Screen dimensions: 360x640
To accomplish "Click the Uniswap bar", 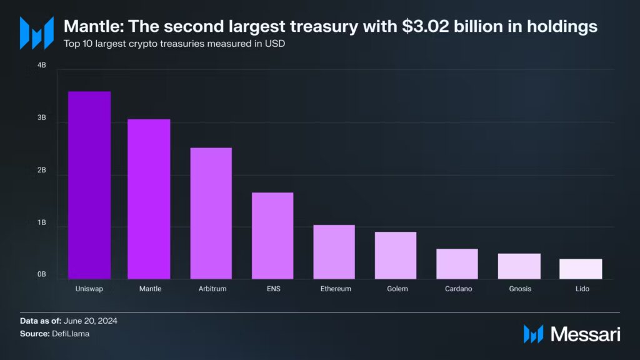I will pyautogui.click(x=89, y=185).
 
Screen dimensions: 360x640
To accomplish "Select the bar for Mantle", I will pyautogui.click(x=149, y=199).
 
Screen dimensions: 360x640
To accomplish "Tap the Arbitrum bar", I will pyautogui.click(x=211, y=213).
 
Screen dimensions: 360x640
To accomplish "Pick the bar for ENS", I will pyautogui.click(x=272, y=236).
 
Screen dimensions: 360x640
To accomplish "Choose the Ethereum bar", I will pyautogui.click(x=334, y=252).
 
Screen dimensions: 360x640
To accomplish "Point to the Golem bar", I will pyautogui.click(x=396, y=255).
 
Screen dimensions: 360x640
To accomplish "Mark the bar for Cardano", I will pyautogui.click(x=457, y=264).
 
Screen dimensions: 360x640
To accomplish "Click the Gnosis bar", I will pyautogui.click(x=519, y=266).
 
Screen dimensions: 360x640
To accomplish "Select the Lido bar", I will pyautogui.click(x=581, y=269).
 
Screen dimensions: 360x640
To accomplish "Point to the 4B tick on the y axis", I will pyautogui.click(x=41, y=65).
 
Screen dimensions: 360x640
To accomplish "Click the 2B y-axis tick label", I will pyautogui.click(x=41, y=171).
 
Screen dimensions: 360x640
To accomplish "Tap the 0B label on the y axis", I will pyautogui.click(x=41, y=274).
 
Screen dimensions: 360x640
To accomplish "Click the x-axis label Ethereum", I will pyautogui.click(x=336, y=289).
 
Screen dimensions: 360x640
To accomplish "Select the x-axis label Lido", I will pyautogui.click(x=581, y=289).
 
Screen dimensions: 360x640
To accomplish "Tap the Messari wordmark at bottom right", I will pyautogui.click(x=585, y=334).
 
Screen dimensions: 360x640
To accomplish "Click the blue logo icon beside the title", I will pyautogui.click(x=36, y=33).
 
